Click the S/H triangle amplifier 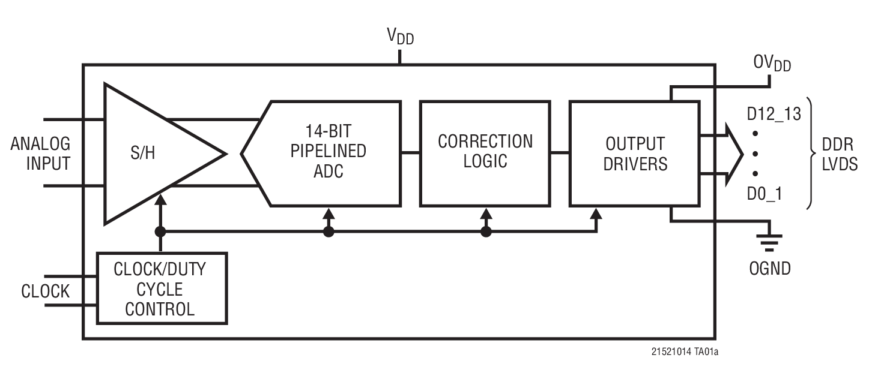point(150,154)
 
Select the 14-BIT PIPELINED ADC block point(328,154)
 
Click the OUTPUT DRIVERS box point(635,154)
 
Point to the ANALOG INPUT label point(40,154)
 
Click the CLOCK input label point(45,291)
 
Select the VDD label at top point(400,37)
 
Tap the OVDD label point(772,63)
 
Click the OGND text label point(770,268)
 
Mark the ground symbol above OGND point(770,242)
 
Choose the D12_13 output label point(774,114)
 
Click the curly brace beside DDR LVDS point(810,154)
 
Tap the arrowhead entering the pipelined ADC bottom point(328,212)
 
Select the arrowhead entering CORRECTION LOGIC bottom point(486,212)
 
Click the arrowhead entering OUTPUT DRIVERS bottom point(596,212)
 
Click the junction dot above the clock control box point(160,231)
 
